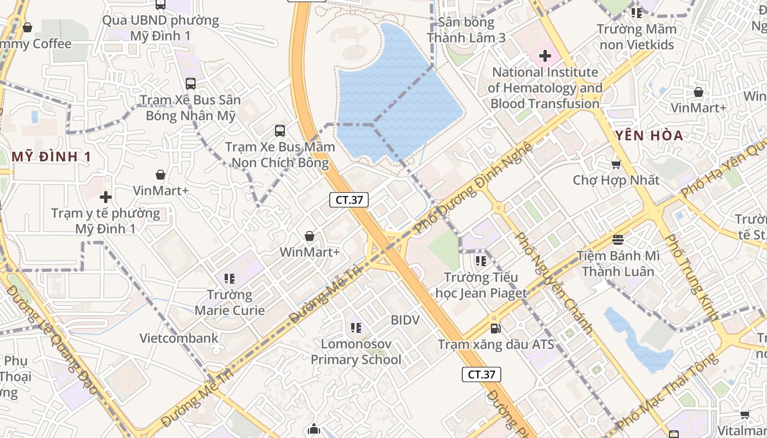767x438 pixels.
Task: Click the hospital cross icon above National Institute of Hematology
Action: [x=545, y=55]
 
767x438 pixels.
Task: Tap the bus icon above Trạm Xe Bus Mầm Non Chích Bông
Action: [x=280, y=130]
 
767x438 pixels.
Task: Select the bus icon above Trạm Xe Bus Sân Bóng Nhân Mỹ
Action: [x=191, y=84]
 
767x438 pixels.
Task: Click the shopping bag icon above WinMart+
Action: [x=310, y=236]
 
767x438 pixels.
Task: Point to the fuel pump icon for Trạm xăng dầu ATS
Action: [x=496, y=328]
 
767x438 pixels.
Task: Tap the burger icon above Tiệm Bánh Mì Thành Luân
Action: [x=618, y=239]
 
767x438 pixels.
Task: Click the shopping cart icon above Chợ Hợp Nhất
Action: [x=616, y=164]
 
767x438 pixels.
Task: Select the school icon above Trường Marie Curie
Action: [x=230, y=279]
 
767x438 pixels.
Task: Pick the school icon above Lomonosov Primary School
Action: [x=356, y=328]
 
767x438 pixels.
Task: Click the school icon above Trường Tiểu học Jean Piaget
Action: [x=481, y=261]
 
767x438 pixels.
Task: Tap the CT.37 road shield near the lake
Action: [x=349, y=200]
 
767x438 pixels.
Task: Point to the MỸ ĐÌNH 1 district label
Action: [x=51, y=157]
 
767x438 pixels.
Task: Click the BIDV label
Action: [x=405, y=320]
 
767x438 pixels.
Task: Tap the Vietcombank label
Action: [x=179, y=338]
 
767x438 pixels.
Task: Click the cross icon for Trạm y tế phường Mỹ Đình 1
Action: [x=106, y=197]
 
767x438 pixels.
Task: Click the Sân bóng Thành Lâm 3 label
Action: [x=466, y=30]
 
